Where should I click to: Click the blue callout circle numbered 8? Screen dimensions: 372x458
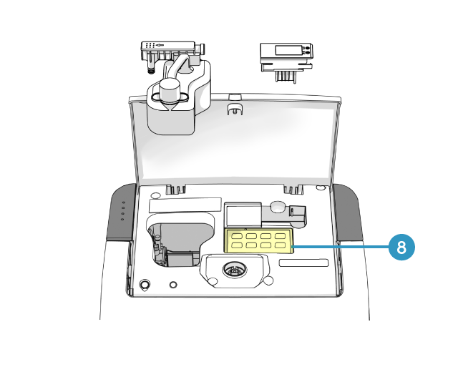pos(401,247)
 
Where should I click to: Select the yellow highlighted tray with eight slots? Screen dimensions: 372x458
pos(260,241)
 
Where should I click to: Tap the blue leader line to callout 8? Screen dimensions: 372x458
pos(340,247)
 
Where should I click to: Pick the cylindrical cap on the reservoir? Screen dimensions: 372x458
pos(170,91)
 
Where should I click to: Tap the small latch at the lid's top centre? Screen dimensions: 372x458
pos(233,109)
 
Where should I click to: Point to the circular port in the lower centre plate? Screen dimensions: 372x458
pos(233,270)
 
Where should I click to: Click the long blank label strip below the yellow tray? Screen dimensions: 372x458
pos(303,263)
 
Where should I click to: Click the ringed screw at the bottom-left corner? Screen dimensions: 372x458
pos(145,285)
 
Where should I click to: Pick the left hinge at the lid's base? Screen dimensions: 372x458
pos(176,189)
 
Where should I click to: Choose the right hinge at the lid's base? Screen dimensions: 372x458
pos(293,189)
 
